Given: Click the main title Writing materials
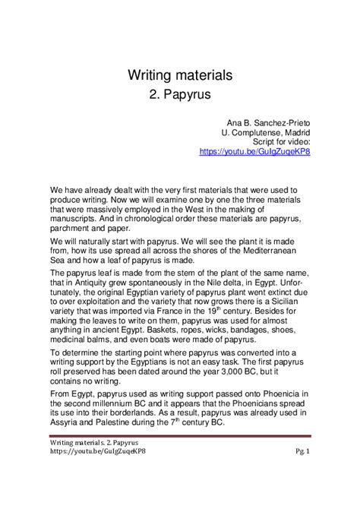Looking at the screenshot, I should [x=179, y=75].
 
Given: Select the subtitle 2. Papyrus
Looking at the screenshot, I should [x=179, y=96].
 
